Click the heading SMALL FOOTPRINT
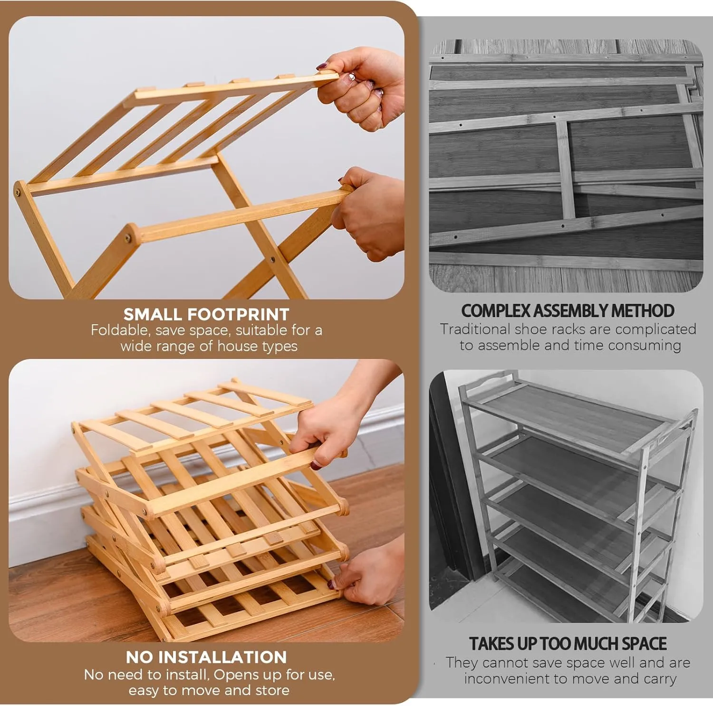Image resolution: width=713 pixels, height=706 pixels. click(206, 314)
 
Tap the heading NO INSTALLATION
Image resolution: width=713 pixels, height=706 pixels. click(206, 657)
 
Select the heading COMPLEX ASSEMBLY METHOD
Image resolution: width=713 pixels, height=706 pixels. click(568, 311)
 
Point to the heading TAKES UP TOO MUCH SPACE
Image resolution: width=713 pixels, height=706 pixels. click(568, 644)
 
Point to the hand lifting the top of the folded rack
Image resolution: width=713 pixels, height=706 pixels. click(333, 427)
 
